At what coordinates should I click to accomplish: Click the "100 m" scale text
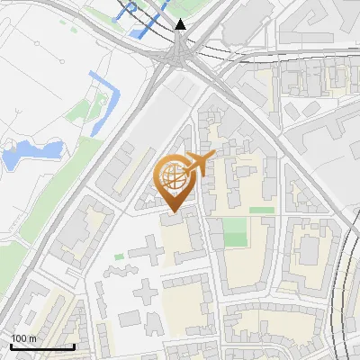click(24, 337)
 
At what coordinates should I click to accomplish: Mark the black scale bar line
click(42, 346)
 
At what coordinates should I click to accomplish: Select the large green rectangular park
click(235, 232)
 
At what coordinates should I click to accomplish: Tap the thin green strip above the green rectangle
click(262, 210)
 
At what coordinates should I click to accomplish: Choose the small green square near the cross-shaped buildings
click(119, 257)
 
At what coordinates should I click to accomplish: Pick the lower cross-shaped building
click(146, 292)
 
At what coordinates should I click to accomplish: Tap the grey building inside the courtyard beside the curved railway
click(310, 248)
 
